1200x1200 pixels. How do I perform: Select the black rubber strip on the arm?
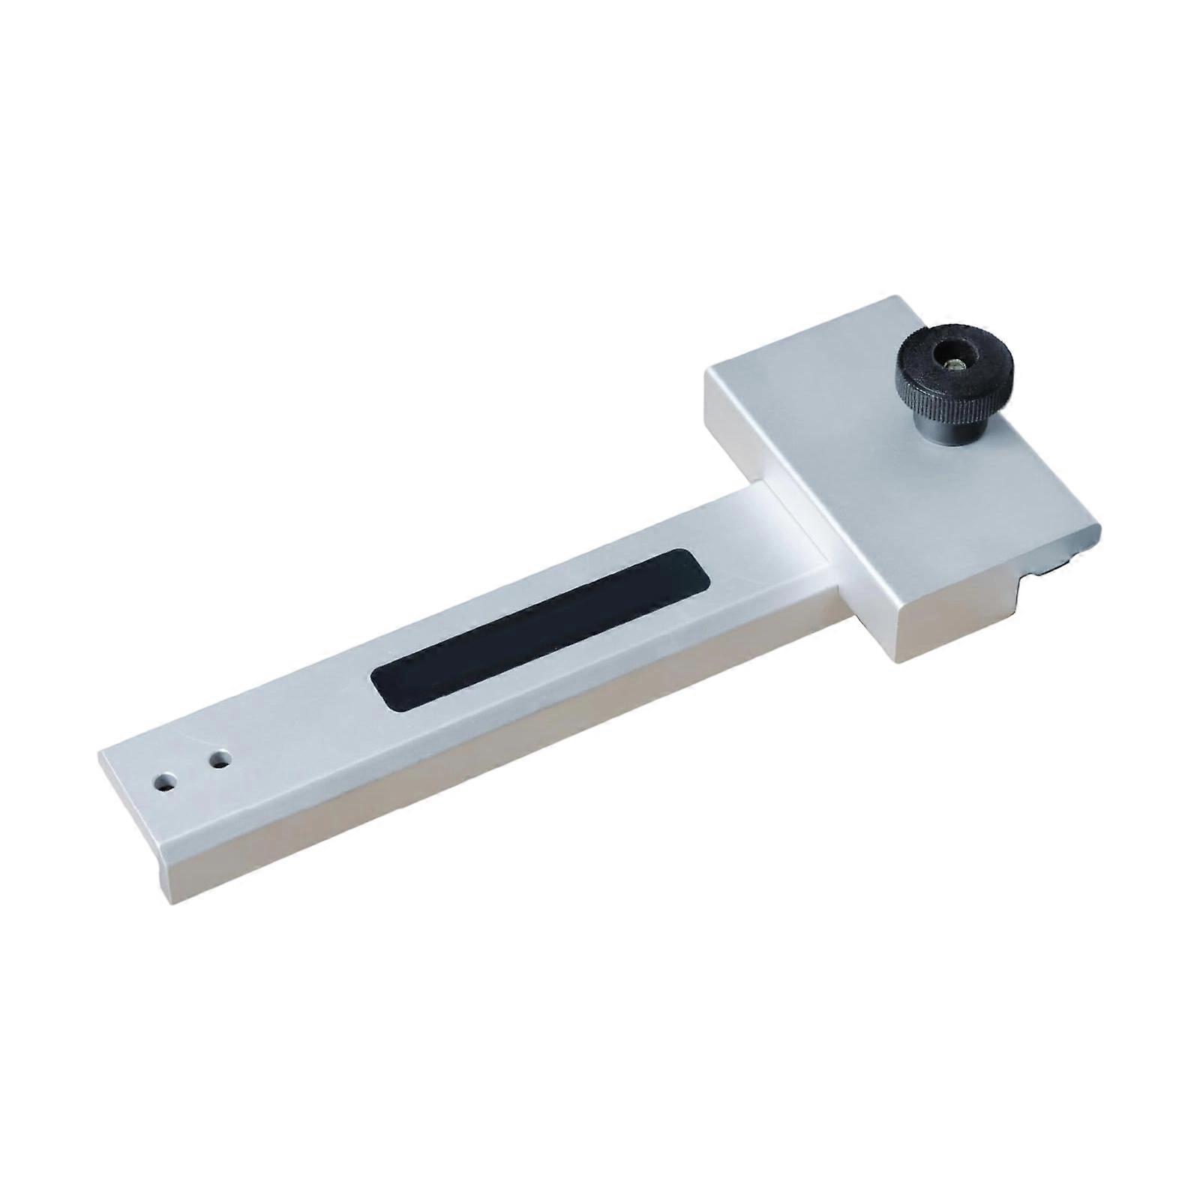click(x=540, y=630)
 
